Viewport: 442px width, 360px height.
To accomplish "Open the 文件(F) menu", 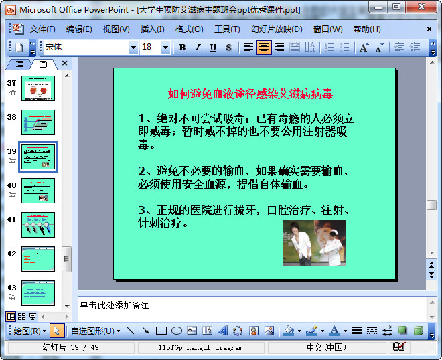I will point(42,29).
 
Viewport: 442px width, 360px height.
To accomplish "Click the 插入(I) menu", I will point(152,29).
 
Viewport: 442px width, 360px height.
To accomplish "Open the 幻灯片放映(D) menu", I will point(277,29).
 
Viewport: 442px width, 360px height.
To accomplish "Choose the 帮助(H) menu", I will point(367,29).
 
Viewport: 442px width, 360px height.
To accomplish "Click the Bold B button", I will point(182,48).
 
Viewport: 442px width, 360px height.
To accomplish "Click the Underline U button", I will point(213,48).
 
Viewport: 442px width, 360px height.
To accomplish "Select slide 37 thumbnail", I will point(38,88).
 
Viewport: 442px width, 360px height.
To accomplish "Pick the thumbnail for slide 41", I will point(38,225).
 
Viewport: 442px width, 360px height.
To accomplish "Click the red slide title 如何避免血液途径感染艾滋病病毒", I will point(250,94).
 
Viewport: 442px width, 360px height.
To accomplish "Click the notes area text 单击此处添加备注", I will point(115,306).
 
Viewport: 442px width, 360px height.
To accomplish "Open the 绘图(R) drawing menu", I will point(30,331).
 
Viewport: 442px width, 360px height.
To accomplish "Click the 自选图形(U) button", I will point(95,331).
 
